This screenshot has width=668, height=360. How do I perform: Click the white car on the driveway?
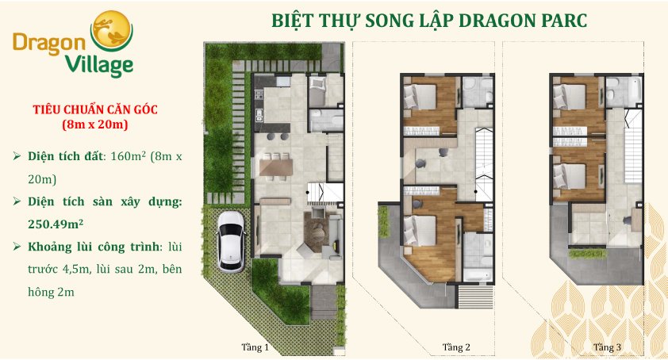231,241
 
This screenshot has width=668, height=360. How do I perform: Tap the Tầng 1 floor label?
255,347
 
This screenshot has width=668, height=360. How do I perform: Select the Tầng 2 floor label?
456,347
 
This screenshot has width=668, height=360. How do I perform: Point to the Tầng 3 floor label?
607,347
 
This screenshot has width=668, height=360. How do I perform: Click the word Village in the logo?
99,65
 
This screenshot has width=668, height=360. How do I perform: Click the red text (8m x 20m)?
95,124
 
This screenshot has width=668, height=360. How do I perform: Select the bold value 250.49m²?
56,224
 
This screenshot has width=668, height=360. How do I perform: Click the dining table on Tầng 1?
276,167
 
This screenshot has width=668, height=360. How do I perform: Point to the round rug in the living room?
317,233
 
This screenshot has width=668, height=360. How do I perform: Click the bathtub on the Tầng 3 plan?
635,90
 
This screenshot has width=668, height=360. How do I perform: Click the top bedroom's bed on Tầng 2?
420,97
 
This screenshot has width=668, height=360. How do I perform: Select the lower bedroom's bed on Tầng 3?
570,176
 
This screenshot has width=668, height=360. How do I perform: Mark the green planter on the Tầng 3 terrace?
588,254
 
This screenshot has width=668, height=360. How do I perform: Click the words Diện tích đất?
65,156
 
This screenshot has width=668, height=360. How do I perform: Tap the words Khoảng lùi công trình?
94,247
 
